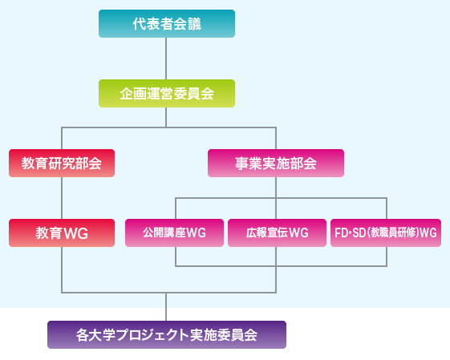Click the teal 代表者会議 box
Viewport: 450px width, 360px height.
point(167,23)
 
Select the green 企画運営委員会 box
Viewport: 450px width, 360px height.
point(167,94)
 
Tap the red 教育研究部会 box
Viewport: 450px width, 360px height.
point(62,163)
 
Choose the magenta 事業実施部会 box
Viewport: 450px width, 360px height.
point(276,163)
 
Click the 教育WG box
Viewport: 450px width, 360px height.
point(62,233)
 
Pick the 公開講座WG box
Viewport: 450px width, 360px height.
point(175,233)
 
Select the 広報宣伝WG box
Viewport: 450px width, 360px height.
point(277,233)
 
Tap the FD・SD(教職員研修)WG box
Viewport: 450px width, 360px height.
point(386,233)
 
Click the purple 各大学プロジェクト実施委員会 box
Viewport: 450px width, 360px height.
point(167,335)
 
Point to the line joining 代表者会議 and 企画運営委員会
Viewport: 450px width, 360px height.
point(166,59)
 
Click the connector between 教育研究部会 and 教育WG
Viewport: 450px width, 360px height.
point(62,198)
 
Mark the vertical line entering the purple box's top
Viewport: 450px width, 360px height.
point(166,307)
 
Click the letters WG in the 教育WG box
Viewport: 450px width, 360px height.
point(76,233)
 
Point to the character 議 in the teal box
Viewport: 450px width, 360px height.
point(195,24)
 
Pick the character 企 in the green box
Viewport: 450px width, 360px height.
point(127,94)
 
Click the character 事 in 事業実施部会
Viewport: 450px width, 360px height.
point(242,164)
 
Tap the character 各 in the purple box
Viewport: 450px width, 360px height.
point(83,335)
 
